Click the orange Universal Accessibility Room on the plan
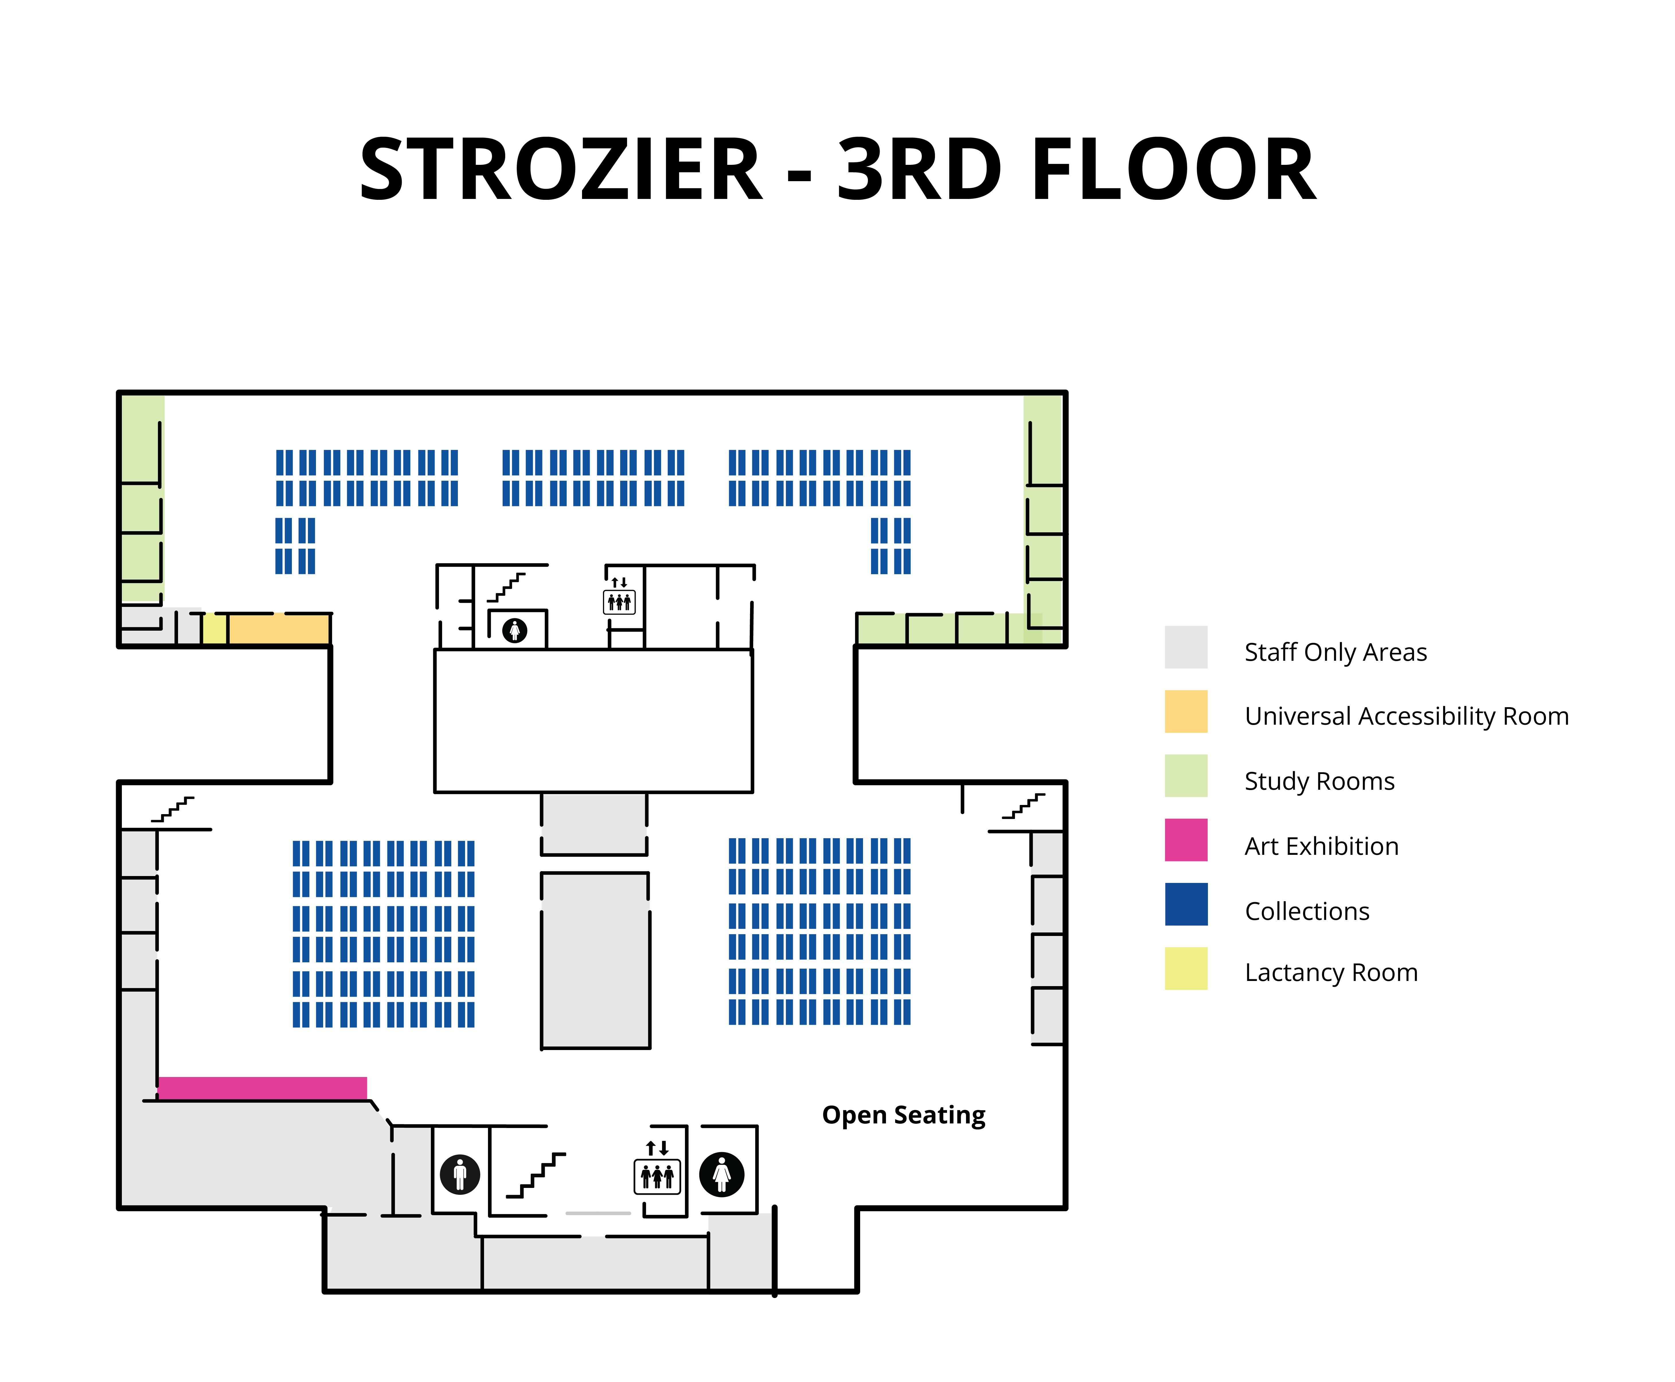coord(279,629)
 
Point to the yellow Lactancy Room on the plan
coord(214,629)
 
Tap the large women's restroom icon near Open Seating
coord(721,1173)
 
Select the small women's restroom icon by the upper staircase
coord(514,630)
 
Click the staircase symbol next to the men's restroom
coord(536,1174)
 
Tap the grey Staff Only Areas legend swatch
coord(1185,646)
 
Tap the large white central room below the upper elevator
coord(593,720)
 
